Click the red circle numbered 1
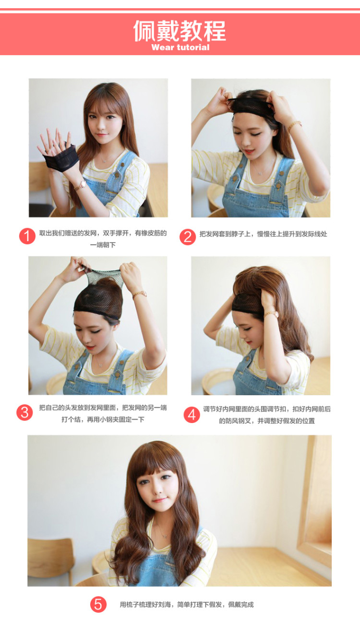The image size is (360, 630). tap(27, 236)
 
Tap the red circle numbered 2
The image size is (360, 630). tap(188, 237)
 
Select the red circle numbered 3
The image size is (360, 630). tap(25, 412)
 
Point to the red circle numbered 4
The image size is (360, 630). tap(192, 415)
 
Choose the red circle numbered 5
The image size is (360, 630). tap(98, 604)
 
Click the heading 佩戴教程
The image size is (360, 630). tap(180, 31)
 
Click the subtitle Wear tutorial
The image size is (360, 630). tap(180, 47)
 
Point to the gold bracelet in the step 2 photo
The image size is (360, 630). tap(294, 125)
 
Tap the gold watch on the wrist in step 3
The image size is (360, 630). tap(140, 294)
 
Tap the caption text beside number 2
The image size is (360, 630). tap(263, 234)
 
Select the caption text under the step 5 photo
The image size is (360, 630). tap(187, 605)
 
